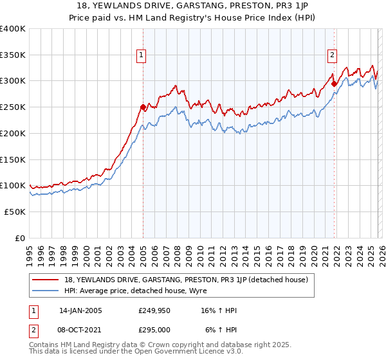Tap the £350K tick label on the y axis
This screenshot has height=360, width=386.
13,55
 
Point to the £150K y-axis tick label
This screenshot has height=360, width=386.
13,159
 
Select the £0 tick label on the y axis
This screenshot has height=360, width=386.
20,238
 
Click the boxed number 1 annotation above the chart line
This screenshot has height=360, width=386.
141,55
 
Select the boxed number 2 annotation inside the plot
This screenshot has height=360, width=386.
333,55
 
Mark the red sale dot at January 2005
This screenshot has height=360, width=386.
143,107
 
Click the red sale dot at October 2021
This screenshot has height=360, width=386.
334,83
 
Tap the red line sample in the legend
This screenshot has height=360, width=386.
46,280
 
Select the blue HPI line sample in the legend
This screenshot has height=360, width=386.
46,290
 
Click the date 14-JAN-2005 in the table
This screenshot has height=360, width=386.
80,310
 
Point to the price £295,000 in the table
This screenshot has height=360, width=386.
154,329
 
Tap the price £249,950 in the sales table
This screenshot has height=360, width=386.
154,310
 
